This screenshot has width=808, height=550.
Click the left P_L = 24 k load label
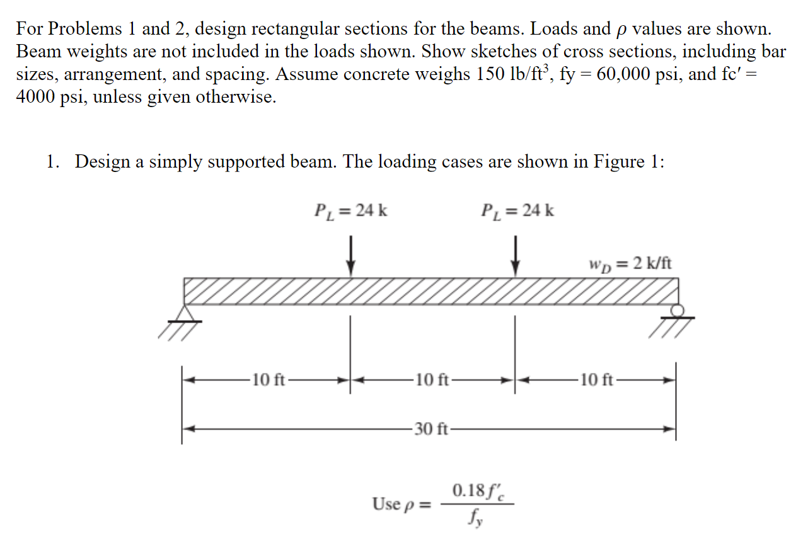[350, 210]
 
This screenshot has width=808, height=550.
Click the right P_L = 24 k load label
[517, 210]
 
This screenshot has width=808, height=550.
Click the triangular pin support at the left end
[185, 314]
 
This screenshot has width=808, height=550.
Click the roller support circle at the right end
[678, 310]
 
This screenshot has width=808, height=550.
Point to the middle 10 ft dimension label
[432, 380]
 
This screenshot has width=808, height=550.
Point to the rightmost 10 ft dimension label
[596, 380]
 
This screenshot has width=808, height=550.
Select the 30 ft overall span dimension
[432, 430]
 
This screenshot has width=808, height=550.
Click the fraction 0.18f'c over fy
[477, 504]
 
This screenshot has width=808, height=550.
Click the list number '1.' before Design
[53, 162]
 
